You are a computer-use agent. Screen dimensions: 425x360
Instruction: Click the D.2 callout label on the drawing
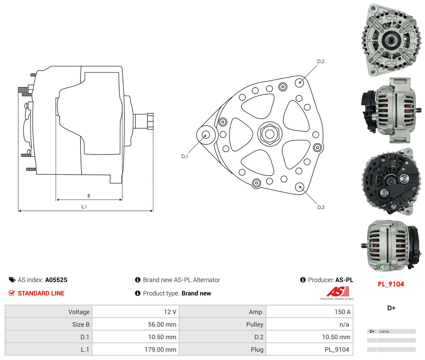[x=321, y=61]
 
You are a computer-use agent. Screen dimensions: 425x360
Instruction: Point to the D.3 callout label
[x=321, y=208]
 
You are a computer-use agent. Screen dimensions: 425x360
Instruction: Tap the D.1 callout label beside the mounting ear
[x=185, y=156]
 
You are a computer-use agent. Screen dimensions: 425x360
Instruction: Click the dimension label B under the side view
[x=89, y=196]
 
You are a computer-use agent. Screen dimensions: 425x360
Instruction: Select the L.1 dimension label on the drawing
[x=84, y=207]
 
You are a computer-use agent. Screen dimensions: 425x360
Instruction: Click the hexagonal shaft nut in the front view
[x=270, y=134]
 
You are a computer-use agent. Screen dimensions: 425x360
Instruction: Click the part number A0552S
[x=56, y=280]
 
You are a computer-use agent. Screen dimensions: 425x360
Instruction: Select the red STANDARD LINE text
[x=41, y=293]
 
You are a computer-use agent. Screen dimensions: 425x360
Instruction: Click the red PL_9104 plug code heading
[x=391, y=284]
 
